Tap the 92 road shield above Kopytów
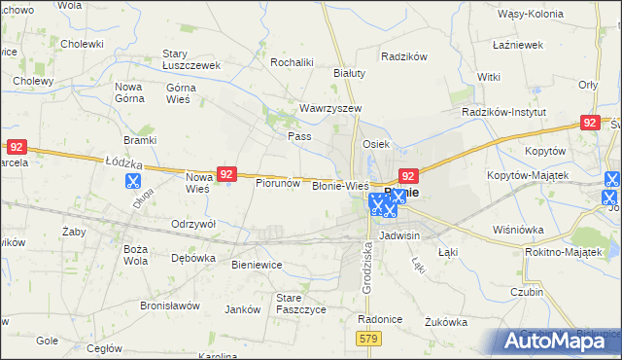tap(589, 122)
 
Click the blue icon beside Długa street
tap(133, 180)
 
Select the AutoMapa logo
tap(560, 340)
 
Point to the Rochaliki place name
tap(291, 62)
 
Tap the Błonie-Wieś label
tap(339, 185)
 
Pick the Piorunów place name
tap(277, 182)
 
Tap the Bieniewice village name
tap(257, 264)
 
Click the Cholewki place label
tap(82, 44)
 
